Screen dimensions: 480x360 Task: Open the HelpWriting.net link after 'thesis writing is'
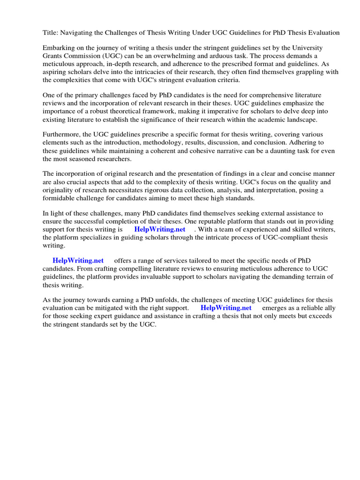159,229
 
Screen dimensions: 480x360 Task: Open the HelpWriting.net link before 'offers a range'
78,261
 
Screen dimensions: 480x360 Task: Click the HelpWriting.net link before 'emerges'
226,308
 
